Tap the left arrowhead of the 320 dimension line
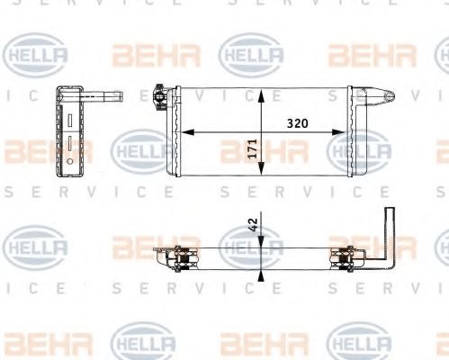click(184, 132)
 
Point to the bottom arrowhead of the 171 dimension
click(262, 170)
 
